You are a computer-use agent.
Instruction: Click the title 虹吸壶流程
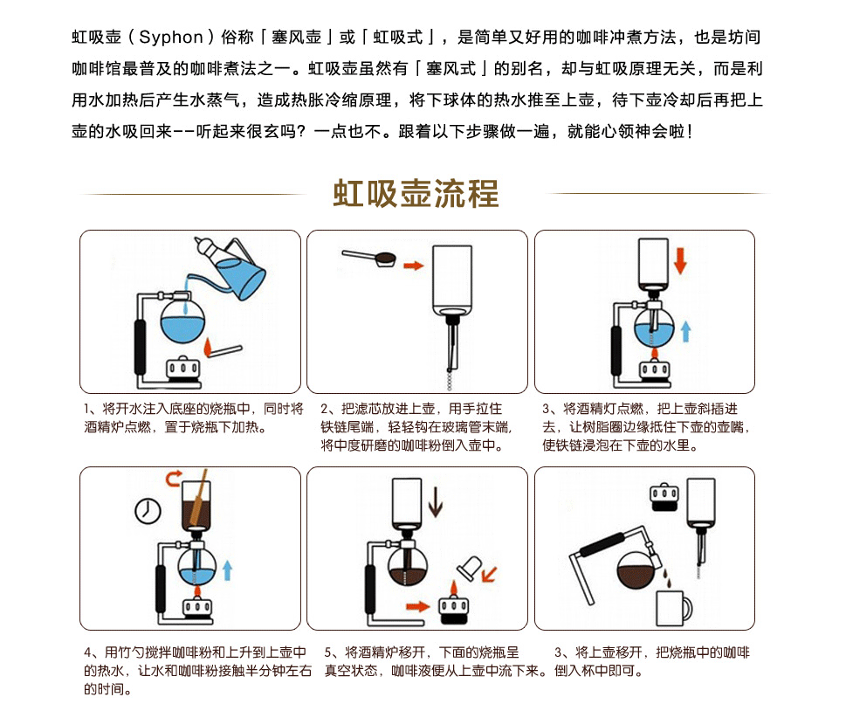(x=416, y=193)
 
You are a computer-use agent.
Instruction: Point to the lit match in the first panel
(x=223, y=349)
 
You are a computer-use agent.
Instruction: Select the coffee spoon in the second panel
(x=370, y=258)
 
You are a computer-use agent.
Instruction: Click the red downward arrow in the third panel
(x=681, y=259)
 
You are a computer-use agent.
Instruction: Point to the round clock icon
(x=148, y=510)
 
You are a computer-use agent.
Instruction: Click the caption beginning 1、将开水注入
(x=193, y=418)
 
